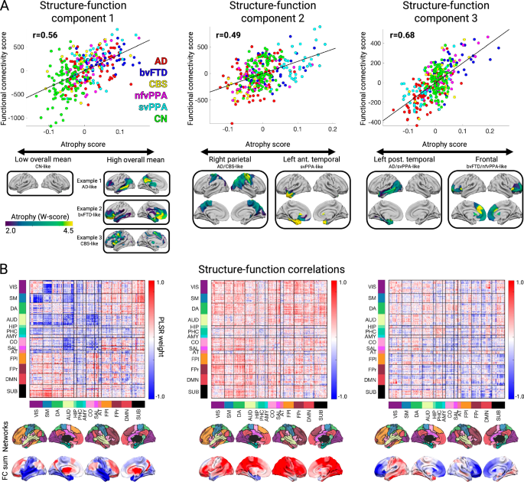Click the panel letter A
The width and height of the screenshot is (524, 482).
point(6,6)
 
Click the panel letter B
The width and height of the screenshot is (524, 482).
point(6,269)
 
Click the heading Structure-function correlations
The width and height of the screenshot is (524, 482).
point(261,269)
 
